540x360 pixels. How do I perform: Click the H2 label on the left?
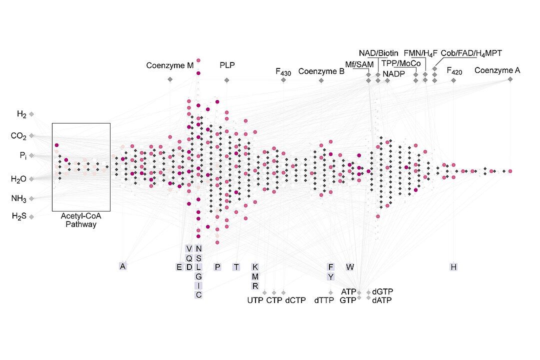pos(21,114)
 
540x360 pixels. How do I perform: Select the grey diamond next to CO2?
pos(31,135)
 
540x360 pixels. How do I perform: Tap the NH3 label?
pos(18,199)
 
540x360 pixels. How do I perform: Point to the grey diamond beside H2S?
pos(31,216)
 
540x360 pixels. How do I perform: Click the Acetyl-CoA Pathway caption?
pos(81,220)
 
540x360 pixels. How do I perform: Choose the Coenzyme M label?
pos(170,65)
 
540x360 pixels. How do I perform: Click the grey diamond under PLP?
pos(226,80)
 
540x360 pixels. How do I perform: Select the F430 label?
pos(283,71)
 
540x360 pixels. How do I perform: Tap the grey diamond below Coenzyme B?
pos(321,80)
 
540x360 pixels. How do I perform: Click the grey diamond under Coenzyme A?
pos(510,79)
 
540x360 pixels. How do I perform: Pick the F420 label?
pos(454,71)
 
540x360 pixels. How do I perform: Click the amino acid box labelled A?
pos(122,266)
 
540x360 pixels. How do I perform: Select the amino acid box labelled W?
pos(350,267)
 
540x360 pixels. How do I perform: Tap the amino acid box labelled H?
pos(453,267)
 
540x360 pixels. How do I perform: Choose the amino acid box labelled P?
pos(217,267)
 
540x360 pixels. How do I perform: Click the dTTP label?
pos(324,300)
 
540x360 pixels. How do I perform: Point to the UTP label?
pos(255,300)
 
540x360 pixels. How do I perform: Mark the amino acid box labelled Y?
pos(330,276)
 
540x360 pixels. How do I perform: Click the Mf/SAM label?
pos(359,64)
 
